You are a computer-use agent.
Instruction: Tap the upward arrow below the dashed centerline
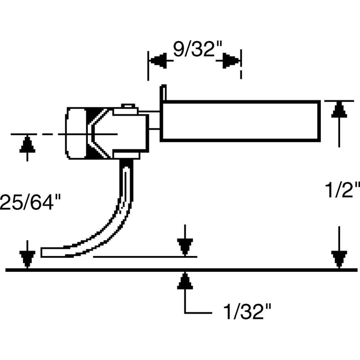28,145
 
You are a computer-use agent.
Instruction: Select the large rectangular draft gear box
241,120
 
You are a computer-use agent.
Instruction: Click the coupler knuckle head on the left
79,133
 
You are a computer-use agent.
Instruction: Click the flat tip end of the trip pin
45,252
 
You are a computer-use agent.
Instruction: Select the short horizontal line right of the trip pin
144,257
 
